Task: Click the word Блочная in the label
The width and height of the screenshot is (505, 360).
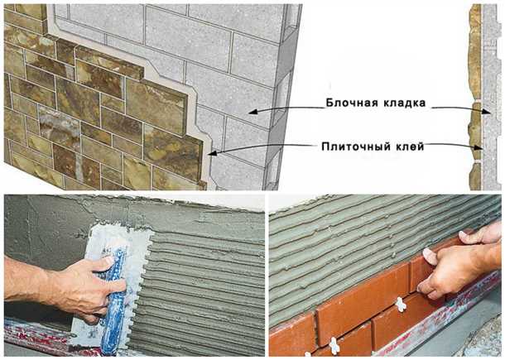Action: pyautogui.click(x=352, y=103)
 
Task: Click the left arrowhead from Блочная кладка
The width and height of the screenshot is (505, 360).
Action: pyautogui.click(x=253, y=112)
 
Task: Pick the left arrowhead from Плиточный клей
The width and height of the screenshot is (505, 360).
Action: pyautogui.click(x=213, y=152)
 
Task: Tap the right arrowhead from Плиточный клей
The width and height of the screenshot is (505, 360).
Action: pyautogui.click(x=478, y=147)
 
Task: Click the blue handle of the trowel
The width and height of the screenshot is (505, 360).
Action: pyautogui.click(x=113, y=300)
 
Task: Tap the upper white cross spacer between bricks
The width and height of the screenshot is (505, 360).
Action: pyautogui.click(x=401, y=305)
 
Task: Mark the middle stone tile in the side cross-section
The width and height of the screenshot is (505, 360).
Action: pyautogui.click(x=474, y=131)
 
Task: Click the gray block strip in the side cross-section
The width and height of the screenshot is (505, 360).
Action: pyautogui.click(x=491, y=97)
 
